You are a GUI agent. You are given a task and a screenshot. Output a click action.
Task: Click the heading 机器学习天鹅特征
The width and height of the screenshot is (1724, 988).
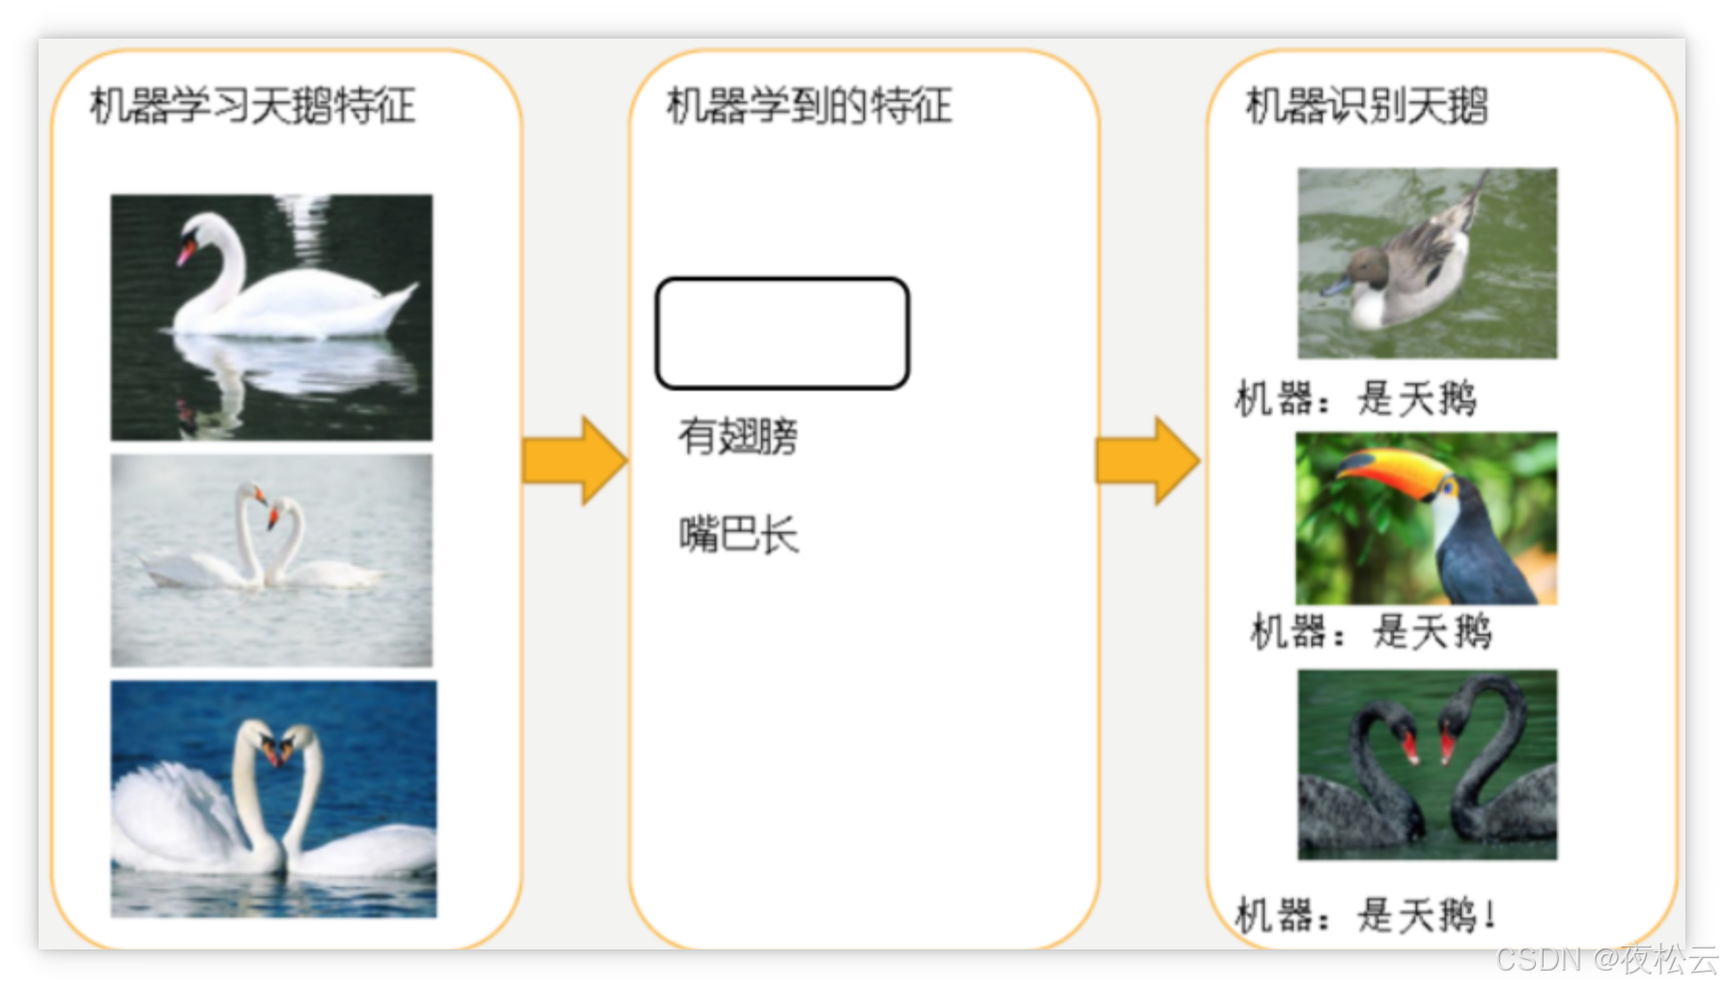tap(252, 106)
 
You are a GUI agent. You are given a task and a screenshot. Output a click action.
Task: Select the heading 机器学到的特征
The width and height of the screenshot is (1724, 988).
tap(809, 106)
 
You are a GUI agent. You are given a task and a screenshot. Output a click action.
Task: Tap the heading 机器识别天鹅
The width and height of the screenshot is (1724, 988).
tap(1366, 106)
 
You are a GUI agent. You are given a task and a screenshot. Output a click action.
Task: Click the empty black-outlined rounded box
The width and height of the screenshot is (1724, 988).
tap(782, 334)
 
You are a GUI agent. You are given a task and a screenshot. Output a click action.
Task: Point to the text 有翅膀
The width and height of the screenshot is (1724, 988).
tap(737, 436)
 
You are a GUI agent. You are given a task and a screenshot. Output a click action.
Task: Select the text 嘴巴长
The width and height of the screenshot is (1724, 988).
tap(738, 535)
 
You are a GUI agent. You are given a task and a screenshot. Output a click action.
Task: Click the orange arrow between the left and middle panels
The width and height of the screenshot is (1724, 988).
tap(573, 460)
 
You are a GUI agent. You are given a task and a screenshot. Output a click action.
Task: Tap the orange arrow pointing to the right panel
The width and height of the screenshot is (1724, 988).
tap(1147, 460)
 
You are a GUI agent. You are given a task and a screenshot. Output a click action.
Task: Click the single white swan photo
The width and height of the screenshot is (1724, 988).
tap(271, 317)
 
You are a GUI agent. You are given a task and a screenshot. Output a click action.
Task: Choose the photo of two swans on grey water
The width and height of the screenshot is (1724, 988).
tap(271, 561)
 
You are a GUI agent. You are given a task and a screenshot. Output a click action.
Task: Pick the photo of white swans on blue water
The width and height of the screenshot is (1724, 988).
tap(273, 799)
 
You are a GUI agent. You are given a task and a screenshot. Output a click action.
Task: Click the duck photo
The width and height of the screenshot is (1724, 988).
tap(1427, 263)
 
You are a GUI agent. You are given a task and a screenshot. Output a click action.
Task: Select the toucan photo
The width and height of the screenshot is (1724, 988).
tap(1426, 518)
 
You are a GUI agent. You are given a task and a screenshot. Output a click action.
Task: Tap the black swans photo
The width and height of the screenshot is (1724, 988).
tap(1427, 764)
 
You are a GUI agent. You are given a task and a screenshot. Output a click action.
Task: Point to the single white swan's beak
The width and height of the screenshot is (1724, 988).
tap(184, 254)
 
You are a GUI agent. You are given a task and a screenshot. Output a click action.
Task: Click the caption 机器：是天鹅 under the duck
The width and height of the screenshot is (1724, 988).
tap(1355, 398)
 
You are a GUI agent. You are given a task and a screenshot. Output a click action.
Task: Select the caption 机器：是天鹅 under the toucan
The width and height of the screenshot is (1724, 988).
tap(1371, 633)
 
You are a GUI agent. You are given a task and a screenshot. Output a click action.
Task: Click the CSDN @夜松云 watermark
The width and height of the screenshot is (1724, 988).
tap(1605, 959)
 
